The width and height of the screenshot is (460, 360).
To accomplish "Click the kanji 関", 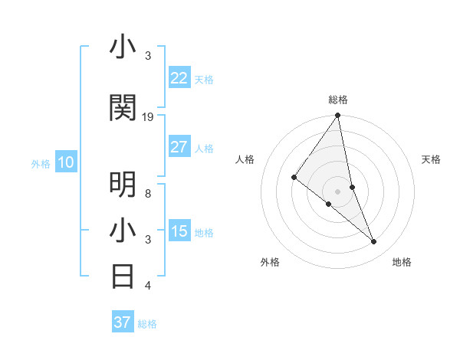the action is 123,109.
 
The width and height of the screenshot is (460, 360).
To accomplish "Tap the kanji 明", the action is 123,184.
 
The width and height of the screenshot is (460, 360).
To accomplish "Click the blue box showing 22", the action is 179,78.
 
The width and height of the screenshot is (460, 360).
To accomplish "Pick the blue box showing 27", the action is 179,147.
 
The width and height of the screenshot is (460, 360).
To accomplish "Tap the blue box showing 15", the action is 179,231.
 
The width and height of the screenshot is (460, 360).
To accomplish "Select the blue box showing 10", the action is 66,162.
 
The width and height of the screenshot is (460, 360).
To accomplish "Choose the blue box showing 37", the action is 123,322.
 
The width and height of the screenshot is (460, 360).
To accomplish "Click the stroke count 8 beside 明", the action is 148,194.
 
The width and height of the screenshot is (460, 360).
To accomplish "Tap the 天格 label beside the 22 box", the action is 204,80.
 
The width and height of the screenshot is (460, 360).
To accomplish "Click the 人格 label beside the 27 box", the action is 204,149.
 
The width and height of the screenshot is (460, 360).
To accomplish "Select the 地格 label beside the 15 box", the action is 204,233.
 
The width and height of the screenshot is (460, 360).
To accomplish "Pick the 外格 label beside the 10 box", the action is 41,164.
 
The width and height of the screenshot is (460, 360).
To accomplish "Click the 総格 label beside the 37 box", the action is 147,324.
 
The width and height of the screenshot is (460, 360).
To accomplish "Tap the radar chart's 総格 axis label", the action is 338,100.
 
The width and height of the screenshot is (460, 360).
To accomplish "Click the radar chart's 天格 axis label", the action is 431,159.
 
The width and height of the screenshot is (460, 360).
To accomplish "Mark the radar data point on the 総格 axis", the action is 338,116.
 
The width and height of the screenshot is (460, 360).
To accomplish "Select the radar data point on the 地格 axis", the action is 374,242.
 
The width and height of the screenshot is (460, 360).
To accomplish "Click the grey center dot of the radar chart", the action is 338,191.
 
